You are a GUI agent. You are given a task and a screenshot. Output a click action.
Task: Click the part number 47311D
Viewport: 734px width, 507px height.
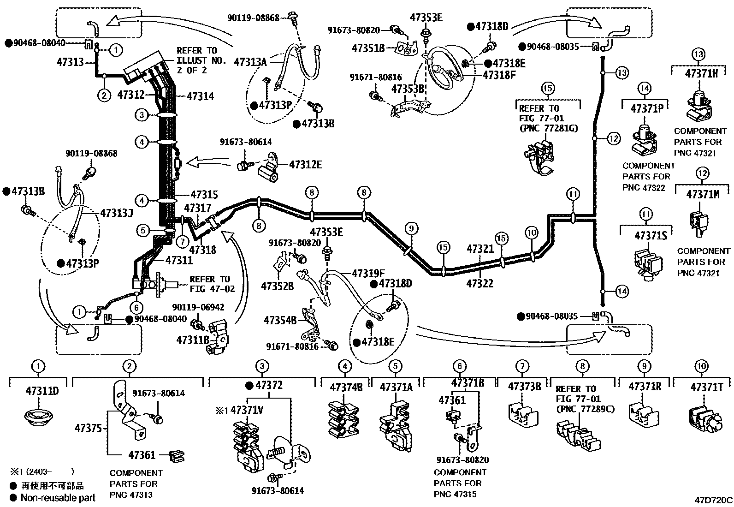click(x=42, y=391)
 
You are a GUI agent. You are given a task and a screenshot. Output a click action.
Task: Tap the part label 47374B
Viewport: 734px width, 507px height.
click(x=346, y=387)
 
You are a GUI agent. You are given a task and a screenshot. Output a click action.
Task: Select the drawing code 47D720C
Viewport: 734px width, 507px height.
click(x=714, y=500)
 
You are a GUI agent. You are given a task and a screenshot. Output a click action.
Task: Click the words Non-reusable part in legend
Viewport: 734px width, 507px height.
click(x=58, y=498)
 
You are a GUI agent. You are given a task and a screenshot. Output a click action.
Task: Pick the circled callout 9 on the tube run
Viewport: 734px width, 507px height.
click(x=411, y=227)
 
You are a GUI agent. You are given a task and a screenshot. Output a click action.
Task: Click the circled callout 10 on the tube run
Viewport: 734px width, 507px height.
click(x=532, y=233)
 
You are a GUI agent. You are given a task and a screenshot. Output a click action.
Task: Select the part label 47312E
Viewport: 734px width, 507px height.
click(x=306, y=164)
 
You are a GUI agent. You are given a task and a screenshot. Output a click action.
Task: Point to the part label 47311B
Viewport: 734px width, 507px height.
click(x=193, y=340)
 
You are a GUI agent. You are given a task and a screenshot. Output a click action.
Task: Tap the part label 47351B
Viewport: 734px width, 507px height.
click(x=368, y=48)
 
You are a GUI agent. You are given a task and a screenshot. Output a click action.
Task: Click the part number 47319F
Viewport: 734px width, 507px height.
click(x=368, y=273)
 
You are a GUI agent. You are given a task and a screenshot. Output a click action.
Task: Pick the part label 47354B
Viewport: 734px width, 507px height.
click(x=280, y=319)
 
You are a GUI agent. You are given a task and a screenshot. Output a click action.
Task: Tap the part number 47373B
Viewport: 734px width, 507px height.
click(x=524, y=387)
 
